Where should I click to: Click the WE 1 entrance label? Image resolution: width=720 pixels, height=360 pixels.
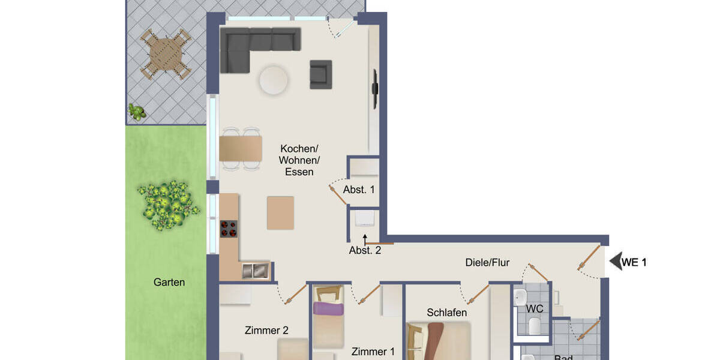pos(634,262)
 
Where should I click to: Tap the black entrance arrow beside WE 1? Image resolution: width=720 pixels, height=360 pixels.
pos(615,262)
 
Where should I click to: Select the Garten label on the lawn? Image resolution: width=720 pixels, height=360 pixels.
pos(169,282)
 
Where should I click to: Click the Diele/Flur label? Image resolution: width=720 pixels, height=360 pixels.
pos(487,262)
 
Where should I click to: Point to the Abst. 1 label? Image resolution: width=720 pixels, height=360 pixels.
pos(359,190)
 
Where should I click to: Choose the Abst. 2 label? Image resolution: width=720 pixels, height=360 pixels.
pos(365,251)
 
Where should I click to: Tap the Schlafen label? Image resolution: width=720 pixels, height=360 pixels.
pos(447,313)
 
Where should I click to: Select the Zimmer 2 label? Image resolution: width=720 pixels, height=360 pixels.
pos(266,330)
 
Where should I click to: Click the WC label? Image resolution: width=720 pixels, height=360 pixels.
pos(534,309)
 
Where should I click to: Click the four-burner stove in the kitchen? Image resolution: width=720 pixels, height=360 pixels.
pos(229,229)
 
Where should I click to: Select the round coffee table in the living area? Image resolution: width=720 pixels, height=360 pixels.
pos(273,79)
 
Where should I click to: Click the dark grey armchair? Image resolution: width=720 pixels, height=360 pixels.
pos(320,74)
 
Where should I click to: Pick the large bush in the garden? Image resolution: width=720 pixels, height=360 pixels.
pos(167,204)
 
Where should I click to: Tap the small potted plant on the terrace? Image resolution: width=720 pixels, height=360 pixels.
pos(137,112)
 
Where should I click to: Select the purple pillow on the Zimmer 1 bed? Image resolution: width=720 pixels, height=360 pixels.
pos(328,309)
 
